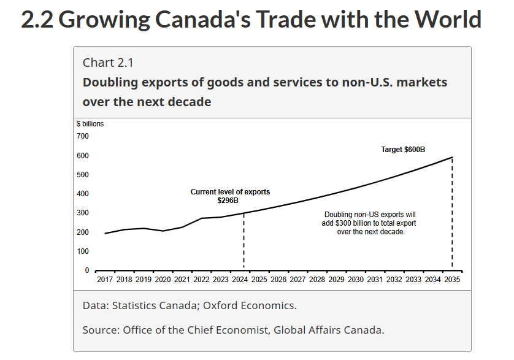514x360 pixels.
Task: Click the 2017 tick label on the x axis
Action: tap(105, 280)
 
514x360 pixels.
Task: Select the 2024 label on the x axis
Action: tap(240, 280)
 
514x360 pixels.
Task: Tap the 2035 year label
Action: tap(452, 280)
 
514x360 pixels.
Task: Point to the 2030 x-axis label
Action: tap(356, 280)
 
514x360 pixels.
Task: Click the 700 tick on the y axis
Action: tap(83, 136)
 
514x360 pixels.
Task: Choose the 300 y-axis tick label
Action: tap(83, 213)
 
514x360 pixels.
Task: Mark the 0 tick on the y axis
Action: tap(86, 270)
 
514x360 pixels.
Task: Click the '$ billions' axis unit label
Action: tap(90, 124)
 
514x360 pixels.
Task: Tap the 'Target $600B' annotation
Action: tap(403, 150)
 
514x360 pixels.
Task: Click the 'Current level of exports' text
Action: tap(230, 192)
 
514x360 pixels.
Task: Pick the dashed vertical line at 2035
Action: tap(452, 215)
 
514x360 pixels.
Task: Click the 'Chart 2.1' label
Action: tap(108, 63)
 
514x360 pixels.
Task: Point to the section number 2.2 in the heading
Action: tap(37, 20)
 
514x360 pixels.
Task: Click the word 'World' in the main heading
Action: tap(448, 20)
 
